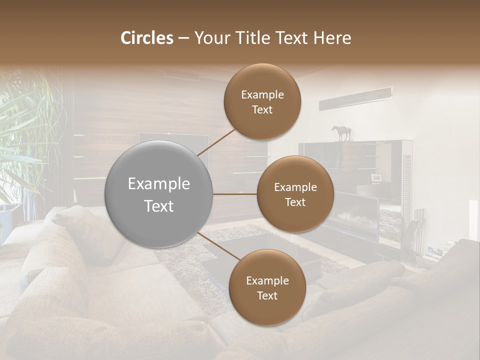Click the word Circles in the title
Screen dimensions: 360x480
tap(147, 38)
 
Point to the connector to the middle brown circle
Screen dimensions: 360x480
tap(235, 194)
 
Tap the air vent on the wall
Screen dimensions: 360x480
tap(355, 98)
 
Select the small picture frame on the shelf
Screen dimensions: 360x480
tap(376, 178)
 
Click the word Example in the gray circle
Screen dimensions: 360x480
tap(159, 184)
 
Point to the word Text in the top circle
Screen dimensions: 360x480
tap(262, 110)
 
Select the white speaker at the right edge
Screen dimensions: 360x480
tap(473, 220)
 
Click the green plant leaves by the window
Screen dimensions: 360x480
tap(25, 125)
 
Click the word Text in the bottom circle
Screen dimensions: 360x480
tap(267, 296)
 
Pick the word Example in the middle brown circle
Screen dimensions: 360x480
tap(295, 187)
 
